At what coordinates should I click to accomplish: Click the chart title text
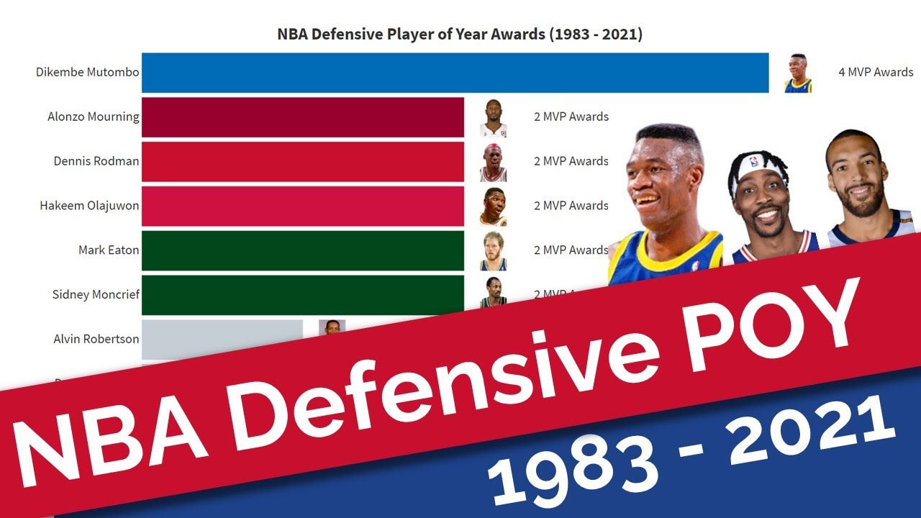click(460, 35)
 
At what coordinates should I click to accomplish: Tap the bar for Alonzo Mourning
click(302, 117)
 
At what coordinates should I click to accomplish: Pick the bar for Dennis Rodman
click(302, 162)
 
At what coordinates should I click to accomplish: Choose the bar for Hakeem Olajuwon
click(302, 206)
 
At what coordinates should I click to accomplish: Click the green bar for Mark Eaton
click(302, 250)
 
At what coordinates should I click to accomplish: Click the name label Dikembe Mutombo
click(87, 73)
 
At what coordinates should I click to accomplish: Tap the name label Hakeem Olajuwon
click(89, 206)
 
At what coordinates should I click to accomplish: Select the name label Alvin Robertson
click(96, 339)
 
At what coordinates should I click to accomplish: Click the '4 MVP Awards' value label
click(876, 73)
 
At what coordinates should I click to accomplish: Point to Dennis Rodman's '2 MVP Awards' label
click(571, 161)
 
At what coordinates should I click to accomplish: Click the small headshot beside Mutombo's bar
click(798, 73)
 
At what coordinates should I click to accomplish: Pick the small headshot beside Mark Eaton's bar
click(494, 251)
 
